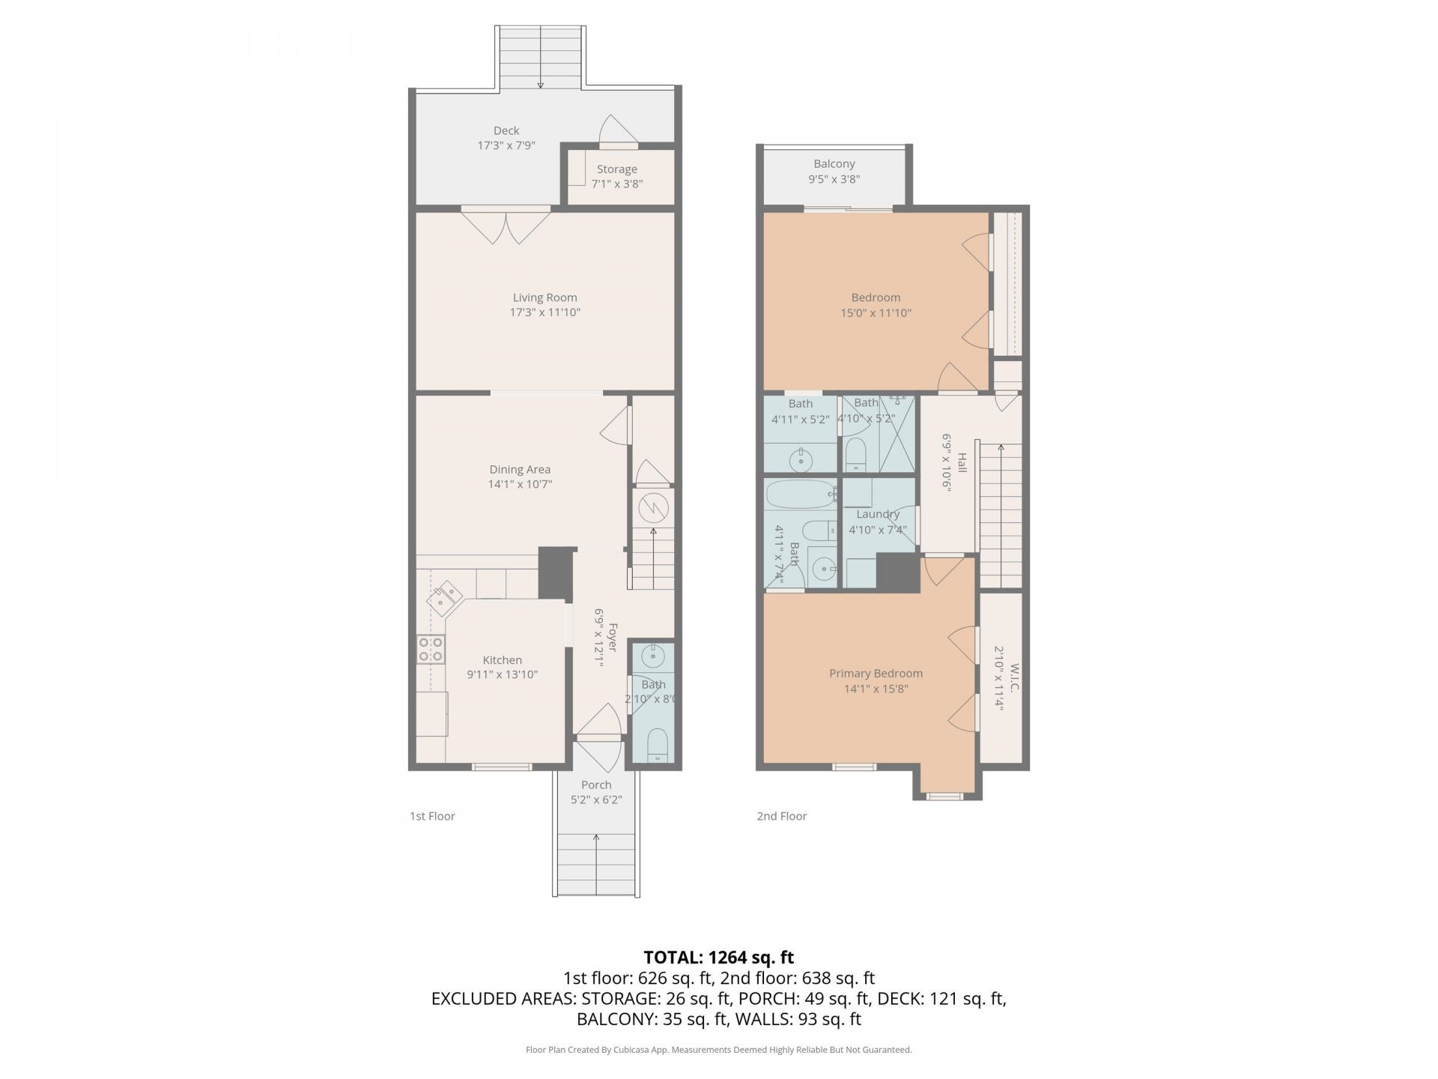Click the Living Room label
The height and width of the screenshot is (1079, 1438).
click(x=544, y=297)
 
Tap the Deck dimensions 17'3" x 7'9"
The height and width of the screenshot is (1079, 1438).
click(x=506, y=145)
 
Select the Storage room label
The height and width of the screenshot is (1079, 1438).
click(x=617, y=169)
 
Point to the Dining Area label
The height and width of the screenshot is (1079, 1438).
click(x=520, y=470)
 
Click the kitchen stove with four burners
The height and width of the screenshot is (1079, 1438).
click(x=431, y=649)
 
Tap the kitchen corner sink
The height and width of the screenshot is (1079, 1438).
click(x=444, y=597)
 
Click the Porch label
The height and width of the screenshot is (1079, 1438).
click(x=596, y=785)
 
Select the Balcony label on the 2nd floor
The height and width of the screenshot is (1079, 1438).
click(x=834, y=164)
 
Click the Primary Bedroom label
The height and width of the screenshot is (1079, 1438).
click(x=876, y=674)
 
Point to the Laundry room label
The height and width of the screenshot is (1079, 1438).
click(x=878, y=515)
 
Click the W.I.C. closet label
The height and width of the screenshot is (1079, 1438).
click(x=1015, y=678)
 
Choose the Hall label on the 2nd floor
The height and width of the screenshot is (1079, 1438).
click(x=962, y=462)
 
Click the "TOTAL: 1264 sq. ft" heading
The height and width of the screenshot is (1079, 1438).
click(x=719, y=958)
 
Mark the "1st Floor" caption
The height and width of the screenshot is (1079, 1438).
click(x=432, y=816)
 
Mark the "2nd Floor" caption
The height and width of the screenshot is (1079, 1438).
click(x=781, y=816)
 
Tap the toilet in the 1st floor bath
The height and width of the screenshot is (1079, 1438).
click(x=657, y=744)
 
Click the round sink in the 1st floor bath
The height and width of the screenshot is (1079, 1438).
click(x=653, y=657)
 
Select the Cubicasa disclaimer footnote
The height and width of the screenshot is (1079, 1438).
click(x=719, y=1050)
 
